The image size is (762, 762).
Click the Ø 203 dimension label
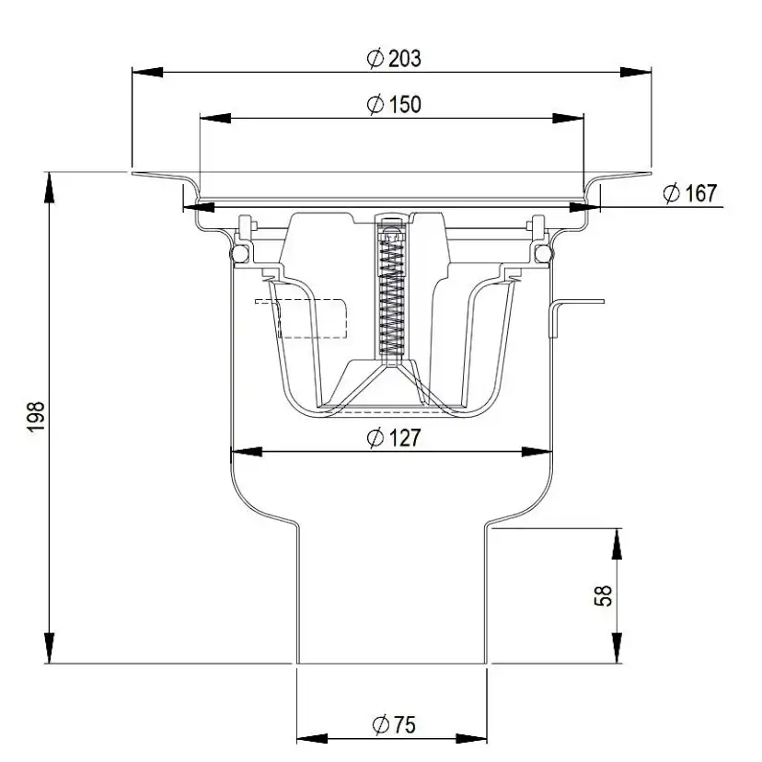pyautogui.click(x=393, y=59)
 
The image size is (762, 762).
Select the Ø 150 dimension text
pyautogui.click(x=393, y=105)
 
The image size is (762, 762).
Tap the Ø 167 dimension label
pyautogui.click(x=689, y=193)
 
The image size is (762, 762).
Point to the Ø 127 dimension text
pyautogui.click(x=393, y=439)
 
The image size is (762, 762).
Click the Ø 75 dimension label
pyautogui.click(x=393, y=724)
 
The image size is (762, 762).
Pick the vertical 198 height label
pyautogui.click(x=38, y=418)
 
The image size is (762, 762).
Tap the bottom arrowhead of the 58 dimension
pyautogui.click(x=617, y=650)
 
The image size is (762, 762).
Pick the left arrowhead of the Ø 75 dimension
pyautogui.click(x=308, y=739)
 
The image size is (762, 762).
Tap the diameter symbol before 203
pyautogui.click(x=374, y=59)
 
